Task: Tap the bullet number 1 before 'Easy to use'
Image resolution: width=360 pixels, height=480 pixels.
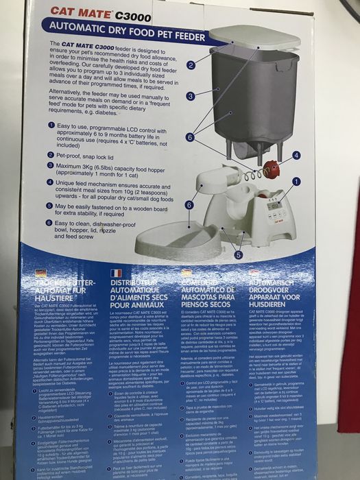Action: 51,126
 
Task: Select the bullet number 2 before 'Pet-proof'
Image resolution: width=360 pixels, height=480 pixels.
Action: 51,155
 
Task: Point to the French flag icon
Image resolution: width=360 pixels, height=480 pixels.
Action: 117,272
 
